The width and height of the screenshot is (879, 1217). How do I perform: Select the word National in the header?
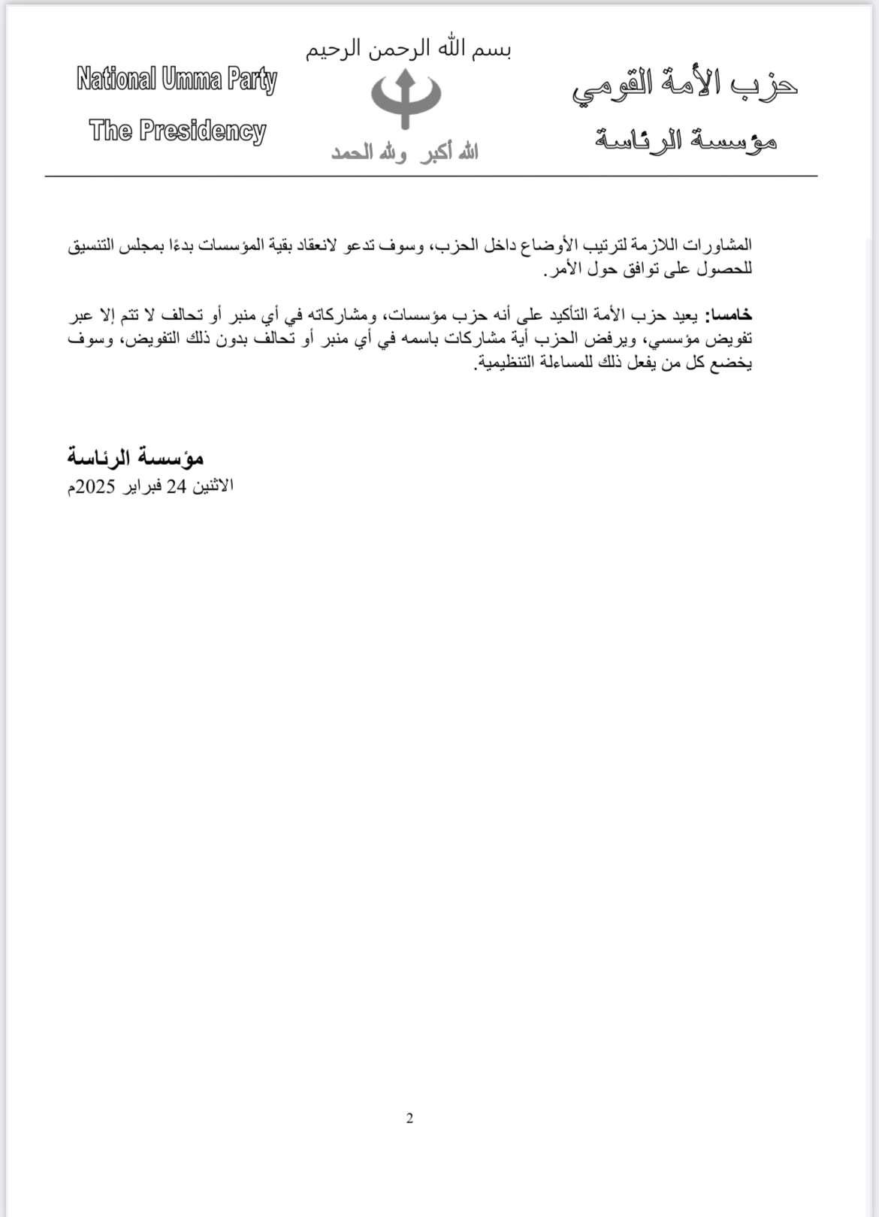116,79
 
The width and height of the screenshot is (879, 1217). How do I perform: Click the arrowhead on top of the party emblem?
406,77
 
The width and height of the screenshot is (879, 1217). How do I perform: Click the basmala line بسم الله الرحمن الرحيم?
408,50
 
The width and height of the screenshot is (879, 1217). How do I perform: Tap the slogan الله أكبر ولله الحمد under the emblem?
405,153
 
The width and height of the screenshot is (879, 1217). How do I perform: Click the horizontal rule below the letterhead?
430,176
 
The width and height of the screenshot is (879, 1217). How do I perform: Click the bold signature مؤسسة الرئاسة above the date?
135,457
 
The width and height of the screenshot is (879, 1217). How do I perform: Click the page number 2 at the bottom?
409,1118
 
